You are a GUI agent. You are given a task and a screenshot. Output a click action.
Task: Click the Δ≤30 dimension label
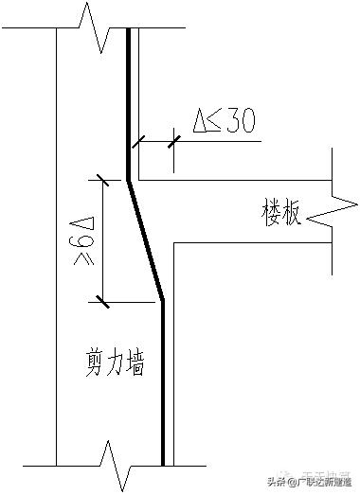click(223, 122)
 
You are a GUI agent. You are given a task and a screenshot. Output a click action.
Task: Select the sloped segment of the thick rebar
click(146, 239)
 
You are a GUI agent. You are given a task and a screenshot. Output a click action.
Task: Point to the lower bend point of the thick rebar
click(163, 300)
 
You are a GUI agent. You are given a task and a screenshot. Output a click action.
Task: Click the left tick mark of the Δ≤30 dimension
click(139, 142)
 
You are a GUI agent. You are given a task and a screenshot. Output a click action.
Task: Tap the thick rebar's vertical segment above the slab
click(129, 104)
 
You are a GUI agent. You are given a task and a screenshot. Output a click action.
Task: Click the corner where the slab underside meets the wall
click(173, 243)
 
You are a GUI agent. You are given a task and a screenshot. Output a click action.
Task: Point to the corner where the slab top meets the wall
click(139, 179)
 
